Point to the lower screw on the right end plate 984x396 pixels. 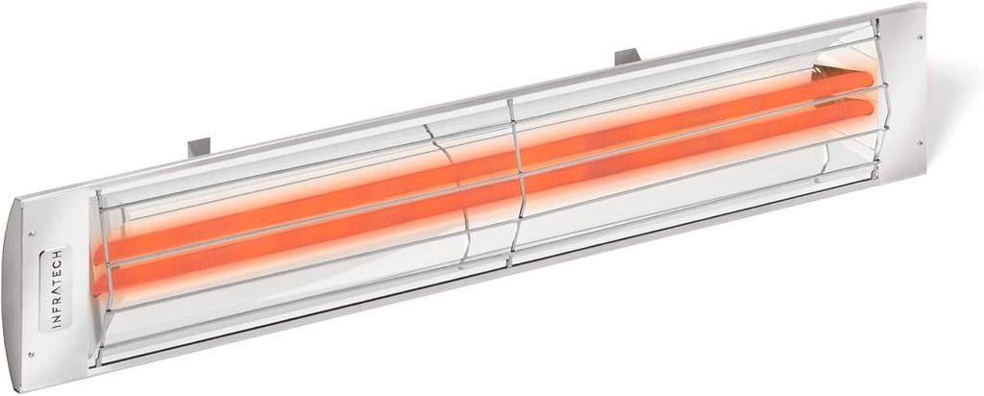[x=919, y=142]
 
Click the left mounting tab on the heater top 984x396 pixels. [x=198, y=145]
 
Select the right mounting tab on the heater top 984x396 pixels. [x=627, y=57]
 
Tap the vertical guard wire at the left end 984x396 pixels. [x=101, y=279]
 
